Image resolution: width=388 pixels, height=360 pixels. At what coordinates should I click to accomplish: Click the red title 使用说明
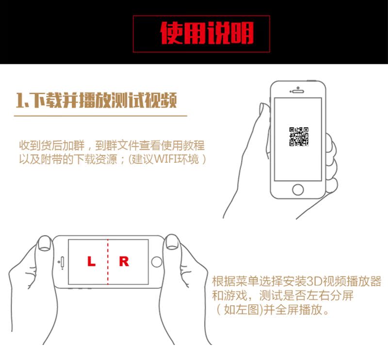pos(207,33)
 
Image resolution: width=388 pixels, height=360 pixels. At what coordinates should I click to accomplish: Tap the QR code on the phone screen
pos(299,137)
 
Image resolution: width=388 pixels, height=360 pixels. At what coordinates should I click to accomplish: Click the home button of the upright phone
pos(298,189)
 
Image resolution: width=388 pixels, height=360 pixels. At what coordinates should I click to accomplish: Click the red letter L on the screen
pos(91,261)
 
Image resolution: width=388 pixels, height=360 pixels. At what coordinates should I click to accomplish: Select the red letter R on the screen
pos(124,261)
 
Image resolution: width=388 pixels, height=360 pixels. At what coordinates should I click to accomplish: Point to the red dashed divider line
pos(108,262)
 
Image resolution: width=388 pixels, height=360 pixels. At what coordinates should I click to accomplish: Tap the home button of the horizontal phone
pos(157,262)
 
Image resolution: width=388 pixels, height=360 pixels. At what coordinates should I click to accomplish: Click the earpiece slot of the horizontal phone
pos(62,262)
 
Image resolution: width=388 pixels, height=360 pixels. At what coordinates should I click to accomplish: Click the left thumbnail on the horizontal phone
pos(45,242)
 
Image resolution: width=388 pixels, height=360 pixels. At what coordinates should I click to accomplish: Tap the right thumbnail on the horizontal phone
pos(172,242)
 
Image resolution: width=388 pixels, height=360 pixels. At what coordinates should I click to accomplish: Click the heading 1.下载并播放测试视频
pos(97,100)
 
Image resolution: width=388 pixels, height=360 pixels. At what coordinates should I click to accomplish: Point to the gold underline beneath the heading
pos(100,115)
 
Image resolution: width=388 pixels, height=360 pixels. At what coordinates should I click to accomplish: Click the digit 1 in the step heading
pos(20,100)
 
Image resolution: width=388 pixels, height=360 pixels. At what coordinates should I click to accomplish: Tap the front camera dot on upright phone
pos(298,88)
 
